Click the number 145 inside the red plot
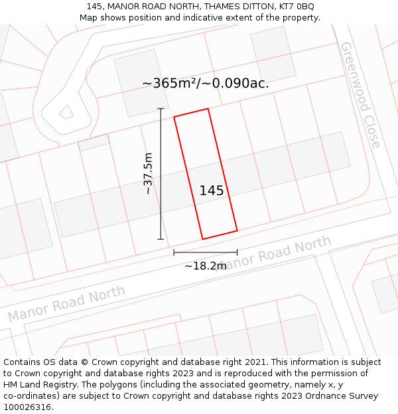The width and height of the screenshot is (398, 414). [x=212, y=191]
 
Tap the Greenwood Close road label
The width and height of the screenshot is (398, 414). [x=361, y=95]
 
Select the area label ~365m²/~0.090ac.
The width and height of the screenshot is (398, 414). [x=206, y=83]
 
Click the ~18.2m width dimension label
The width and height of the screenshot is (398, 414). [x=205, y=266]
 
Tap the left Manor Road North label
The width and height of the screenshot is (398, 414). [x=66, y=303]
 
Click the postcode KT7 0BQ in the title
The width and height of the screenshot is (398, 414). [x=297, y=7]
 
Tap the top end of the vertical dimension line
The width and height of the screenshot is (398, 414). [x=161, y=109]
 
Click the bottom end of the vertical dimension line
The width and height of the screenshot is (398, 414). [x=161, y=239]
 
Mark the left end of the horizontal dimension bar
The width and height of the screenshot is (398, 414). [x=174, y=252]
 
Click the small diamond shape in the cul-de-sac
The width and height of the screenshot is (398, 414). [x=66, y=112]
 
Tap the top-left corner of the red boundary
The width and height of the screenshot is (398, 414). [x=174, y=117]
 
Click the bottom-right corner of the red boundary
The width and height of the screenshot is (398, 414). [x=237, y=231]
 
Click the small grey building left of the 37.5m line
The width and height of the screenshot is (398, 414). [x=94, y=142]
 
